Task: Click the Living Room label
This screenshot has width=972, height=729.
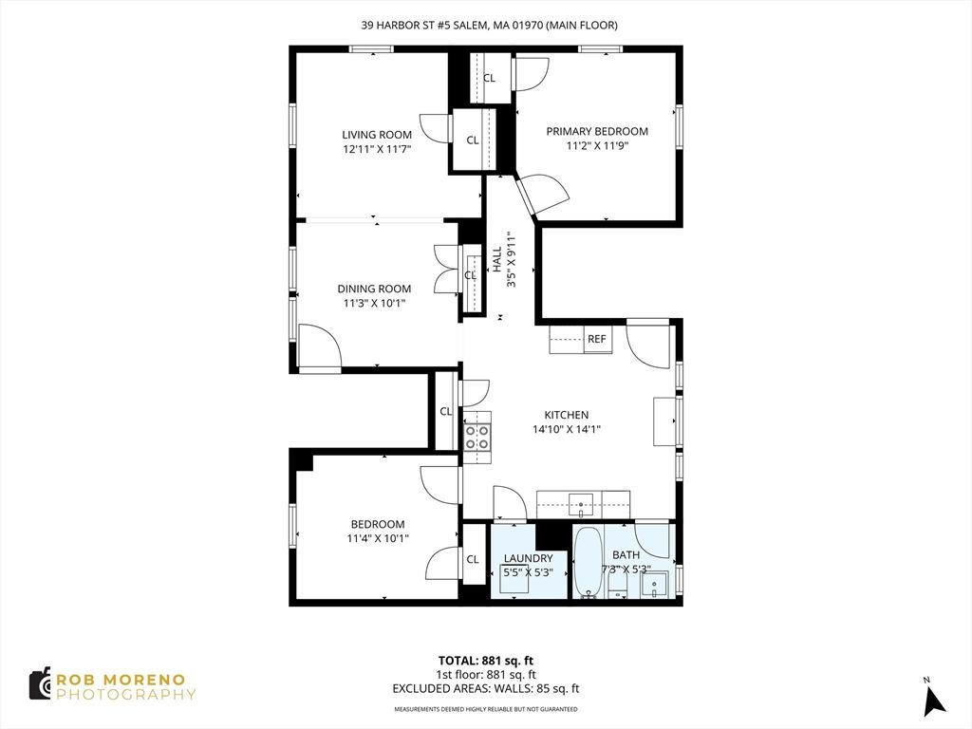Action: [377, 135]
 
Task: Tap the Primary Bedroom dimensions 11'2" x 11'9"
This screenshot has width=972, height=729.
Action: [597, 146]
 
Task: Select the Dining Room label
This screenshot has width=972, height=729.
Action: [374, 289]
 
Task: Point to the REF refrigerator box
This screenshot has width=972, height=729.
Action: [596, 339]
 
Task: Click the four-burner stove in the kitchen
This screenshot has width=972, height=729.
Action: [477, 437]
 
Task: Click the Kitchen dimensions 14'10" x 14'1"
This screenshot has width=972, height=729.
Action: [567, 429]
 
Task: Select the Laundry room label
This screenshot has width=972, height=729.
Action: [528, 558]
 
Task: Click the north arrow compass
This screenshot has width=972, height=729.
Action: [934, 698]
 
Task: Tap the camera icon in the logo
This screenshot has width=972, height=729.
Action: [40, 683]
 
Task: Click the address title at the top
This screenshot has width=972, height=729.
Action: [489, 26]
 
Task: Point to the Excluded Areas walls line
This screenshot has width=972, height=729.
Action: [485, 689]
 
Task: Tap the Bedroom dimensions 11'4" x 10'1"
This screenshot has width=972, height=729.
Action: [378, 538]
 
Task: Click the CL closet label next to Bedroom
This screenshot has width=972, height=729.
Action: [473, 559]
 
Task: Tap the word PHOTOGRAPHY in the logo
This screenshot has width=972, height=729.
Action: [126, 694]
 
